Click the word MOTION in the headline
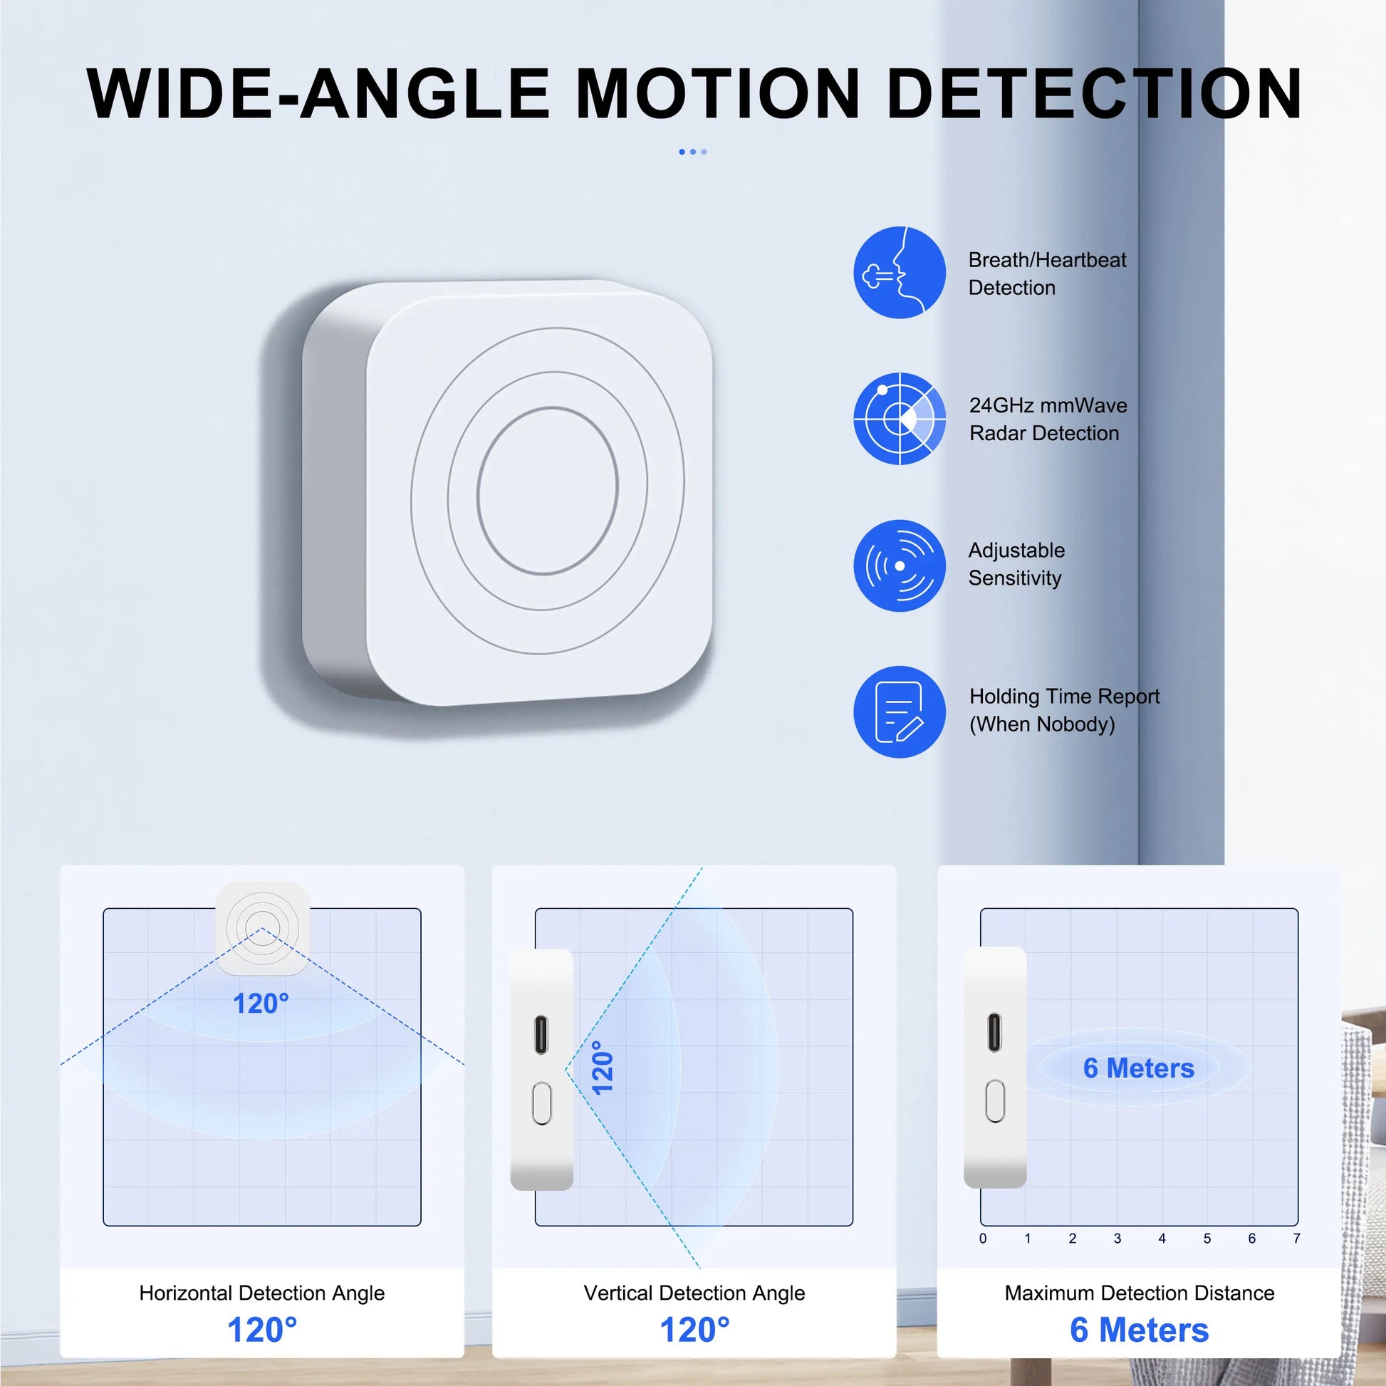point(718,93)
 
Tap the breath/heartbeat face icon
point(900,272)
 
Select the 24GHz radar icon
point(900,418)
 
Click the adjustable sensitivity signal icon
point(900,566)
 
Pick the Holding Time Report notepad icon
point(900,712)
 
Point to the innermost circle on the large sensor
point(547,491)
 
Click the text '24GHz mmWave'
point(1048,405)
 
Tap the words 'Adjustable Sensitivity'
point(1016,564)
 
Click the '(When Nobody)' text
point(1043,724)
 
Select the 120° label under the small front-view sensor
point(261,1004)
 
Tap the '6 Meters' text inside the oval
point(1138,1068)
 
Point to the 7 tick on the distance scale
point(1296,1239)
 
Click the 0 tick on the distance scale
point(983,1239)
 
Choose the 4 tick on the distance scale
point(1162,1239)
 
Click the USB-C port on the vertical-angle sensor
point(541,1033)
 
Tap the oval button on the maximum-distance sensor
point(995,1101)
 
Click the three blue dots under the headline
point(693,152)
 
